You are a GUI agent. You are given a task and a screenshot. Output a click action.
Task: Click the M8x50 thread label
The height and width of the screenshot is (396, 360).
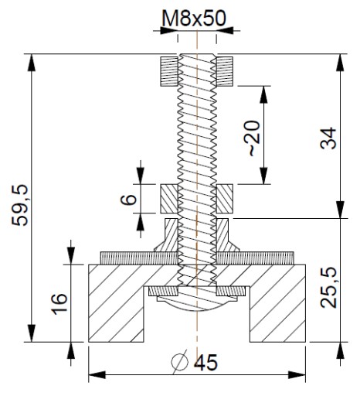(194, 18)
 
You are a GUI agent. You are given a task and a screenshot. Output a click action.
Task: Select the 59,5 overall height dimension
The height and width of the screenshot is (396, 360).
(20, 205)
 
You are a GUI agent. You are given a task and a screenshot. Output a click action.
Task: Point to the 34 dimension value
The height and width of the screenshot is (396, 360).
(328, 138)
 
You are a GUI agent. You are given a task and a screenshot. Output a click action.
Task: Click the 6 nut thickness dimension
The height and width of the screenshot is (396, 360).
(128, 199)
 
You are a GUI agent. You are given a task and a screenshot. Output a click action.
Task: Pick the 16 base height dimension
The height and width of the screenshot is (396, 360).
(59, 304)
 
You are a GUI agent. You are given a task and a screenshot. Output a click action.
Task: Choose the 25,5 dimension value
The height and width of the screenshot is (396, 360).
(328, 288)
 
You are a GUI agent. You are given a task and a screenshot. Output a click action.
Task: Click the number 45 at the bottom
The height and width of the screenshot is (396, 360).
(205, 362)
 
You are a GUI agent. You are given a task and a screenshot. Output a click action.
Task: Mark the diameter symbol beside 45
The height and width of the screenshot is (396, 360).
(179, 362)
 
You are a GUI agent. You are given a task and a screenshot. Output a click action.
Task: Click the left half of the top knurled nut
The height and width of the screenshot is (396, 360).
(169, 71)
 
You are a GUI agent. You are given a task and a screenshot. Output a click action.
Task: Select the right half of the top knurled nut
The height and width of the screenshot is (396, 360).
(225, 71)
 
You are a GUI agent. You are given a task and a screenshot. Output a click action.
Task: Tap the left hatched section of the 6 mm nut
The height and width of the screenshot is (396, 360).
(169, 199)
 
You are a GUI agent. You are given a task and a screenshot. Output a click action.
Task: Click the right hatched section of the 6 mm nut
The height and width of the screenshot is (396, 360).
(225, 199)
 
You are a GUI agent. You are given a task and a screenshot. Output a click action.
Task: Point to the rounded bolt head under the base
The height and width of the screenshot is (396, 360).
(197, 302)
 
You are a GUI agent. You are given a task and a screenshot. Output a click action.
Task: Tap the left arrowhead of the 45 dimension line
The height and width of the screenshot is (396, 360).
(97, 375)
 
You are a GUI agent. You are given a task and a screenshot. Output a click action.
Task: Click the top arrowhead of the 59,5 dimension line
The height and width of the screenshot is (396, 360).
(31, 62)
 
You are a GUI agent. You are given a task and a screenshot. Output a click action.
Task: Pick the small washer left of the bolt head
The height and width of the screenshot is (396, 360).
(164, 291)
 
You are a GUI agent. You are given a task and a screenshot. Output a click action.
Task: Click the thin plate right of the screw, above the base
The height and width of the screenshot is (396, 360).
(255, 258)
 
